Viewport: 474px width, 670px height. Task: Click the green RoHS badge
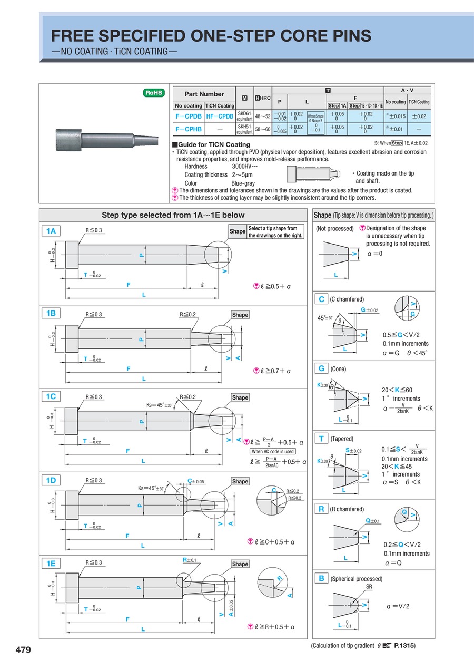coord(154,93)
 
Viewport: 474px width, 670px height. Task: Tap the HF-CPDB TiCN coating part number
coord(220,116)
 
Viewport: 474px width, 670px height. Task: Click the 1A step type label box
coord(51,230)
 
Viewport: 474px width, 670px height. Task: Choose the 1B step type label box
coord(51,313)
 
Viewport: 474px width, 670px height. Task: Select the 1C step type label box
coord(51,396)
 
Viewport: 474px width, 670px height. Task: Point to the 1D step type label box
coord(51,480)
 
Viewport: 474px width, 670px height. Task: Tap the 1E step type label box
coord(51,563)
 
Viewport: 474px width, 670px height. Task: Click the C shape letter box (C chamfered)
coord(321,299)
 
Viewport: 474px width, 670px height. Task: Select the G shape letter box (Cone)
coord(321,368)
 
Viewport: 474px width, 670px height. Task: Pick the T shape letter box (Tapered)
coord(321,438)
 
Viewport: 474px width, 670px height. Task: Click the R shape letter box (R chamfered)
coord(321,509)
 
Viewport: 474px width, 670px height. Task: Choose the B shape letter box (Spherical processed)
coord(321,578)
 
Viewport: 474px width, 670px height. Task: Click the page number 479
coord(23,650)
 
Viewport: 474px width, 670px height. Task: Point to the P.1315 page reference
coord(404,645)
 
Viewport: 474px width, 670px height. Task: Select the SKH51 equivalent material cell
coord(244,129)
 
